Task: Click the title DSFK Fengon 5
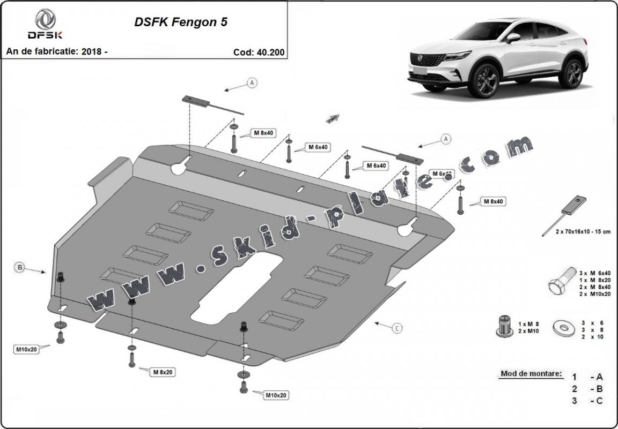(x=180, y=22)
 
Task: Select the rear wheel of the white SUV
(x=572, y=73)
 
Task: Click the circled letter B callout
(x=19, y=267)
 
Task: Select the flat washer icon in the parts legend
(x=564, y=327)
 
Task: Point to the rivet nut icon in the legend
(x=503, y=326)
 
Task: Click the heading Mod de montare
(x=531, y=373)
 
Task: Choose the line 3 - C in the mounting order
(x=587, y=401)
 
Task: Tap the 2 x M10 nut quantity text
(x=528, y=331)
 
